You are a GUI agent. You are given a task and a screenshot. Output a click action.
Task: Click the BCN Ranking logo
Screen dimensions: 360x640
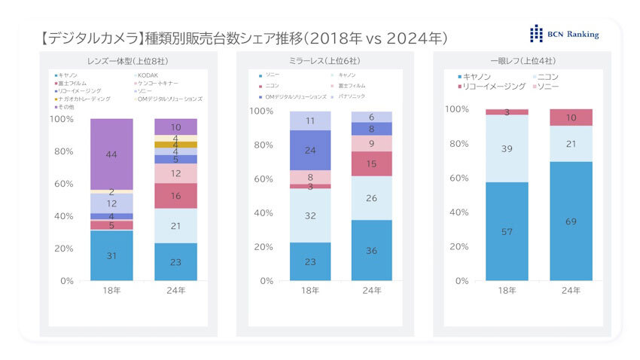coord(565,34)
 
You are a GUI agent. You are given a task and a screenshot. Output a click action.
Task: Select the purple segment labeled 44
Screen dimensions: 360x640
coord(111,154)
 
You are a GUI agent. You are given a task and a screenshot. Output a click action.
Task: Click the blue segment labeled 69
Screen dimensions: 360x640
coord(571,222)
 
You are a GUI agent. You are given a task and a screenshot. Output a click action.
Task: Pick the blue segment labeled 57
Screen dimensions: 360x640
coord(507,231)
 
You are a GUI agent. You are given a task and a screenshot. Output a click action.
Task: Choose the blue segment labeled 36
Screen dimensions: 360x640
coord(371,250)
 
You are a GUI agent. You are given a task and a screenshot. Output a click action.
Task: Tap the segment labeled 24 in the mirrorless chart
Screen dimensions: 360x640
coord(310,150)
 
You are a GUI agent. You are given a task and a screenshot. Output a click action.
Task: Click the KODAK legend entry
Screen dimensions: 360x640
coord(148,75)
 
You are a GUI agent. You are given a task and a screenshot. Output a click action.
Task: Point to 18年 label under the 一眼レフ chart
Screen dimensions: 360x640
coord(507,290)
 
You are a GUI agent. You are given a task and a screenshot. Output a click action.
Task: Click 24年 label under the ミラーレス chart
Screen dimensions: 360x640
coord(371,290)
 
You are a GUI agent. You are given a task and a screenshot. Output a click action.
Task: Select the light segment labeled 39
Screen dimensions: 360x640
coord(507,148)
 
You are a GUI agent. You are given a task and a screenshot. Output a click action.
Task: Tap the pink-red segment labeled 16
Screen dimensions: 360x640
coord(175,196)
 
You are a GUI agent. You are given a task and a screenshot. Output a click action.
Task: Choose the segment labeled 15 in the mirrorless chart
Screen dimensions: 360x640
coord(371,163)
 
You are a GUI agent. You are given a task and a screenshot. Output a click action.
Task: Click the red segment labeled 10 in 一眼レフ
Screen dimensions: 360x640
coord(571,117)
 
